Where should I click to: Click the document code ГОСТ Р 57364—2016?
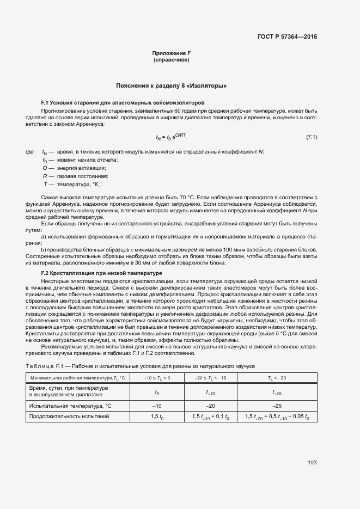[287, 36]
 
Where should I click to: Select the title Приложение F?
[172, 53]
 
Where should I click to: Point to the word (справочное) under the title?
[172, 59]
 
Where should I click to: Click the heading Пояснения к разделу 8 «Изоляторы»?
[172, 86]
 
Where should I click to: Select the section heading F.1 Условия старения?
[123, 102]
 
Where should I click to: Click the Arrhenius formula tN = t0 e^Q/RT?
[172, 137]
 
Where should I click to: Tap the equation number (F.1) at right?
[312, 137]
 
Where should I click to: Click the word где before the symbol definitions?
[30, 152]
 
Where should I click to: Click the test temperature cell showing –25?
[277, 405]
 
